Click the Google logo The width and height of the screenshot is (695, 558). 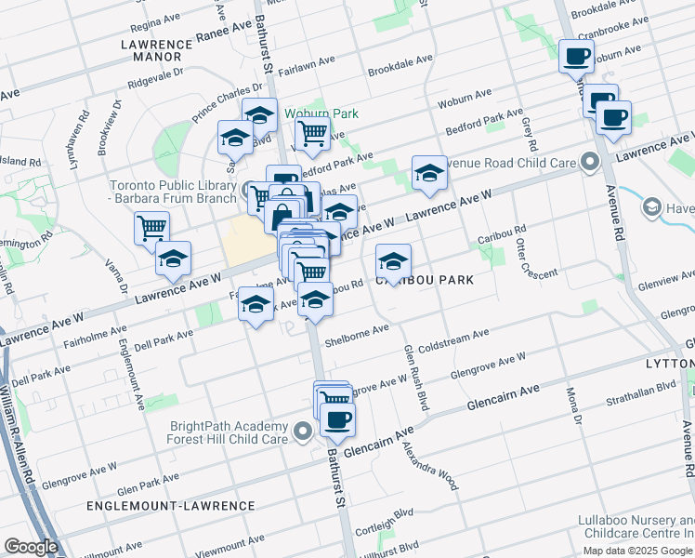tap(31, 546)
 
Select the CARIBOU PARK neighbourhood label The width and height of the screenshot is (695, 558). tap(425, 279)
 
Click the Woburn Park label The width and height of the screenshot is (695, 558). tap(321, 113)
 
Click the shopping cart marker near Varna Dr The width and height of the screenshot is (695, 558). tap(151, 227)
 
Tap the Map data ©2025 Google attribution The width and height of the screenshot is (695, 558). tap(638, 550)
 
